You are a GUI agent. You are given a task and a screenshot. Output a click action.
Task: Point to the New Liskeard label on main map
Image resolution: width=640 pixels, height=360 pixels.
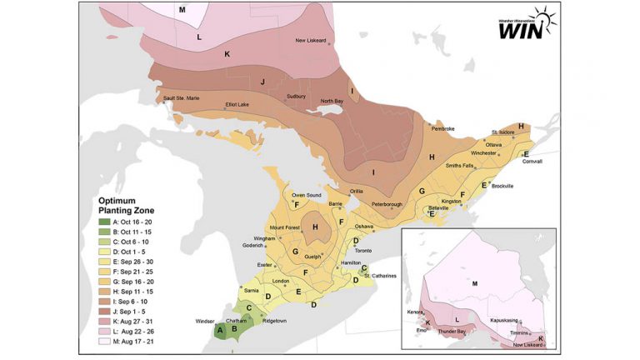pos(312,40)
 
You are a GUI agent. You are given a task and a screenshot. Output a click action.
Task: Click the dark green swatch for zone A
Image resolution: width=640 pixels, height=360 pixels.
pos(103,221)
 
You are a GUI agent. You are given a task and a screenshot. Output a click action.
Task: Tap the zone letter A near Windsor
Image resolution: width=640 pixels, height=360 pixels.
pos(219,329)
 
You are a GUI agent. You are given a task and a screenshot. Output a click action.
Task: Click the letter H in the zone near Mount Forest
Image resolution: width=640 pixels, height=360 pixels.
pos(315,227)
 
